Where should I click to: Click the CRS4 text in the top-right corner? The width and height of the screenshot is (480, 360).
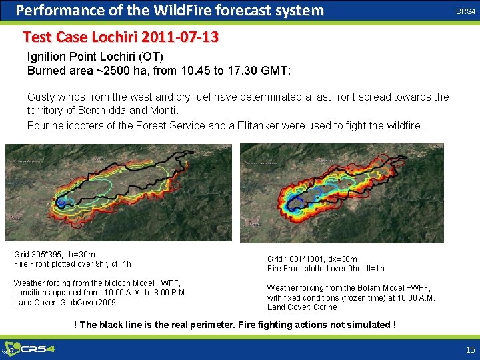(465, 11)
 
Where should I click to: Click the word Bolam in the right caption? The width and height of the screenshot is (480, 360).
(359, 288)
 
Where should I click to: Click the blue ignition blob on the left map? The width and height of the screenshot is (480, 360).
(61, 201)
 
